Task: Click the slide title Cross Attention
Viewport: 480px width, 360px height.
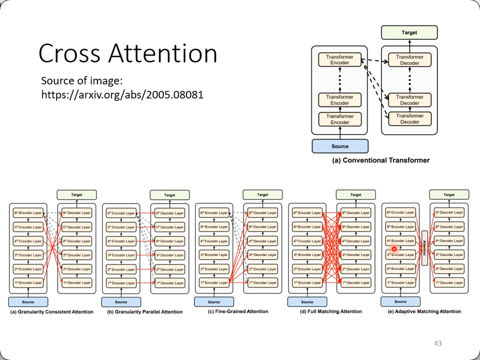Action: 127,53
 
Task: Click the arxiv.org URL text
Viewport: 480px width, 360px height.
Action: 122,93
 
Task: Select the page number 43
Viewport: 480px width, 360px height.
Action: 437,343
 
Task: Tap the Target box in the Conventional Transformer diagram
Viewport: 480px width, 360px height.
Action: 409,32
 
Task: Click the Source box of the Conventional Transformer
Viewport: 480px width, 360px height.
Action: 340,146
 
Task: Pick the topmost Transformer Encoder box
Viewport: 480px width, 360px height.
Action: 340,60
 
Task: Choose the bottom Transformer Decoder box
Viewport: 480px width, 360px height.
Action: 409,119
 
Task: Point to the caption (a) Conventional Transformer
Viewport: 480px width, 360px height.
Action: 381,160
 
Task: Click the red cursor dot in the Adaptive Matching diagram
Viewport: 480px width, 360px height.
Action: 394,248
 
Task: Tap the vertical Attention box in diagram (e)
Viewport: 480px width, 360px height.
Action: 424,248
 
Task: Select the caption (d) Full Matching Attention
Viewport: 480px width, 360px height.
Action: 330,311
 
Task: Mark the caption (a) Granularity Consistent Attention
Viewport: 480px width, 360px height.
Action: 52,312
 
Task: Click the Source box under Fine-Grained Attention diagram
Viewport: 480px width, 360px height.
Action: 214,302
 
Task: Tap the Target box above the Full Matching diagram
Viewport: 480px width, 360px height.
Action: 355,195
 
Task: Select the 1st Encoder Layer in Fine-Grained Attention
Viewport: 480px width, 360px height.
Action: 214,283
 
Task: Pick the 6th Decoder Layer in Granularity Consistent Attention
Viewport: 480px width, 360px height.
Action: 77,213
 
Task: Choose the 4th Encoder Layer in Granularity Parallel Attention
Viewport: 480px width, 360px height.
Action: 121,241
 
